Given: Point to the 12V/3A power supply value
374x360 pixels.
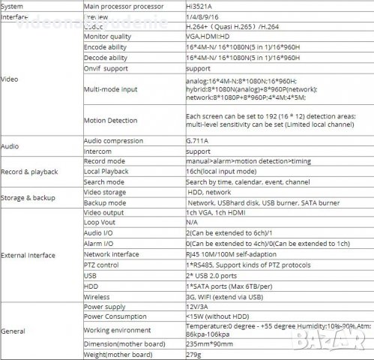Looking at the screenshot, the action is pos(197,307).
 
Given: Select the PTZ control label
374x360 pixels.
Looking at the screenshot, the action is pos(101,265).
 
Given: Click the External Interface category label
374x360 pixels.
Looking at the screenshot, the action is pos(28,255).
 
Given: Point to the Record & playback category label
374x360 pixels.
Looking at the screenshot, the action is pos(30,172).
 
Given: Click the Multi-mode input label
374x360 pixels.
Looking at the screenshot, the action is pos(112,88).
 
